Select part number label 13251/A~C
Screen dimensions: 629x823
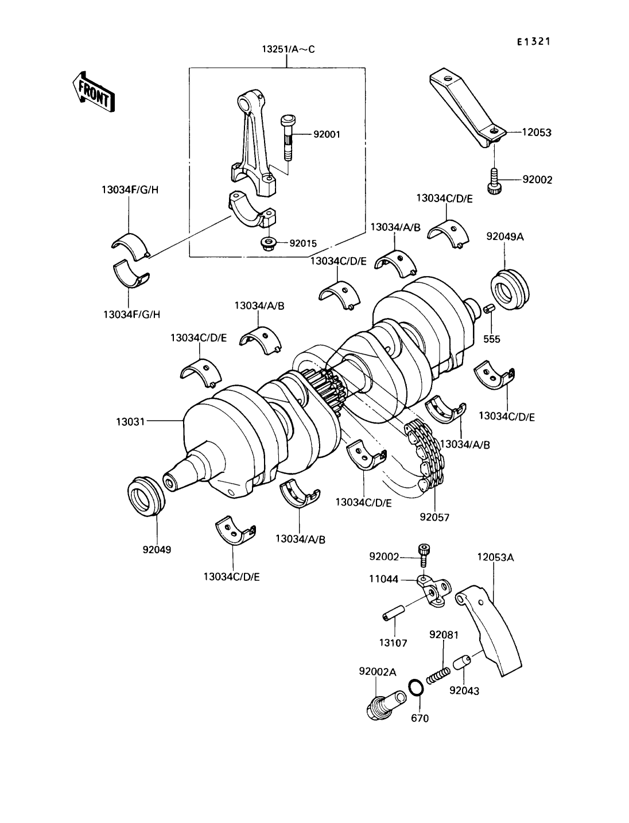[288, 49]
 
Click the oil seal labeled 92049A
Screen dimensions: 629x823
[510, 289]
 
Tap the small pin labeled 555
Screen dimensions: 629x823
[490, 310]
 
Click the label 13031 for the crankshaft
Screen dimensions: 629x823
[130, 422]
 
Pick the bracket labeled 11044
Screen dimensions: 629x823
[433, 592]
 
